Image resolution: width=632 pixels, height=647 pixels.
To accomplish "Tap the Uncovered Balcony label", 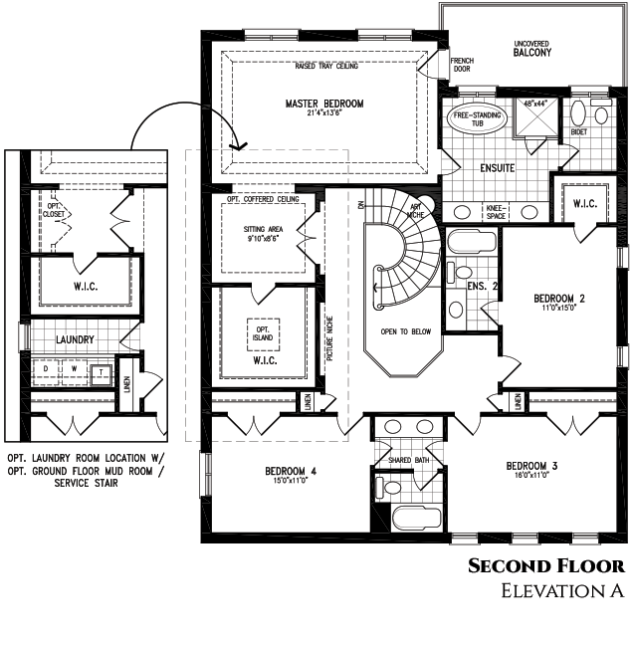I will pos(532,49).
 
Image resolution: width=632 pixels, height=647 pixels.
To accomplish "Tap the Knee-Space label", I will pos(494,211).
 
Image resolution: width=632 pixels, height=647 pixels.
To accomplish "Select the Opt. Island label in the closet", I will pos(264,333).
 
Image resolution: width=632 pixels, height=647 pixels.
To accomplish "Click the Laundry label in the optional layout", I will pos(75,340).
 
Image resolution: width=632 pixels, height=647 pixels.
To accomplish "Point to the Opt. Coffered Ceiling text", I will pos(264,200).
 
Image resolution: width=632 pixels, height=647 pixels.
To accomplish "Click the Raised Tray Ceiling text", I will pos(324,67).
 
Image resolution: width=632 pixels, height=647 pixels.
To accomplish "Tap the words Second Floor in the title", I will pos(546,566).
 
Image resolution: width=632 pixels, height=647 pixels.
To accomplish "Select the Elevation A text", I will pos(562,591).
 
